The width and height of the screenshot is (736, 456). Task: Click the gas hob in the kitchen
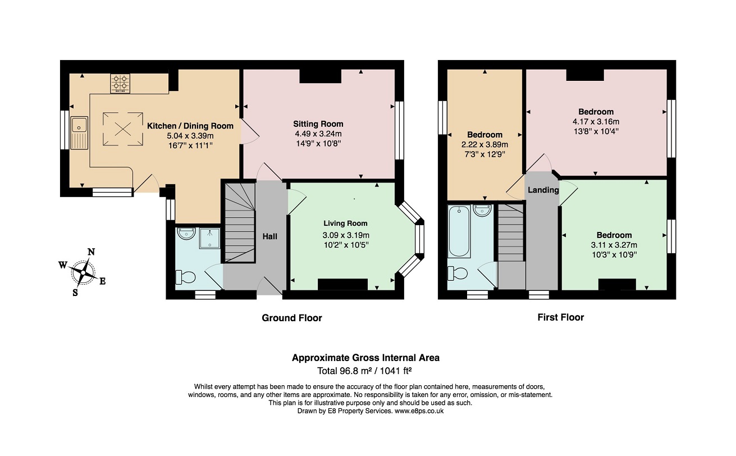click(x=120, y=84)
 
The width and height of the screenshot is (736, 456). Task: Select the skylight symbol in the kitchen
click(x=123, y=129)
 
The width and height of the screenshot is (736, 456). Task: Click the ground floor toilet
click(x=186, y=277)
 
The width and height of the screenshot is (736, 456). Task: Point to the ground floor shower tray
click(x=209, y=238)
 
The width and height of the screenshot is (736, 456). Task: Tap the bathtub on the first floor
click(x=459, y=231)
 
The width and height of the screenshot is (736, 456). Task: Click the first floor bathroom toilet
click(x=458, y=273)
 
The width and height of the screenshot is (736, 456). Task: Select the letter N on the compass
click(x=92, y=252)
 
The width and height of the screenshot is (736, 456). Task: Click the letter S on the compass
click(x=75, y=292)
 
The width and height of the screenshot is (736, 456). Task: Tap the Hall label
click(x=270, y=236)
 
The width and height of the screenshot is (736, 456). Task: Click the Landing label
click(x=543, y=190)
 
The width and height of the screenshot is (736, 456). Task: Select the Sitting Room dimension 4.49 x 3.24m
click(x=318, y=134)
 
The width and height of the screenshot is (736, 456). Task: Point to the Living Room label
click(x=345, y=224)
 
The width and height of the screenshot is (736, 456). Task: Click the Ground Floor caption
click(x=292, y=318)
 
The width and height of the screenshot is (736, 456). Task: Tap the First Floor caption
click(x=560, y=317)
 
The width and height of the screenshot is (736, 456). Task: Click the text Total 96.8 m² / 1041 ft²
click(x=364, y=371)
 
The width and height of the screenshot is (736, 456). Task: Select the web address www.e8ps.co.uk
click(x=419, y=411)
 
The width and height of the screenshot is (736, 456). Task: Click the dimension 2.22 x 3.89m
click(x=484, y=145)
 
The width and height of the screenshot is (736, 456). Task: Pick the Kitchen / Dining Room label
click(x=190, y=126)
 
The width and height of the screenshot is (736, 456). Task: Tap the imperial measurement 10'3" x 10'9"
click(x=614, y=254)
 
